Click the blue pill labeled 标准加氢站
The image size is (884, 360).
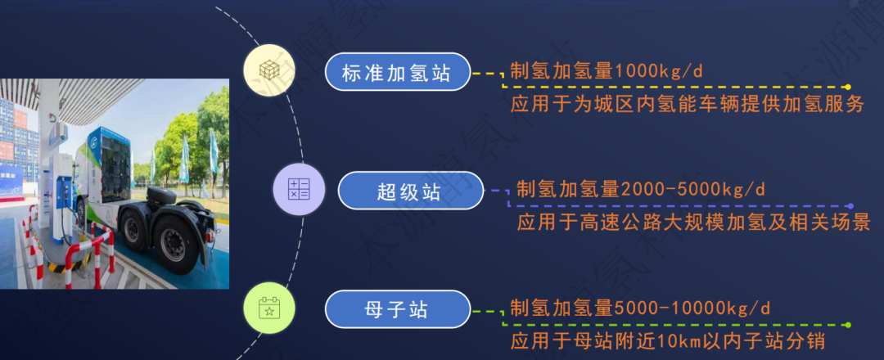[x=398, y=71]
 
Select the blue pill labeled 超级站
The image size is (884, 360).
[x=410, y=191]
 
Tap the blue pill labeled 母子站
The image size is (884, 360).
[x=398, y=309]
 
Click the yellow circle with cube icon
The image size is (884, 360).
[x=269, y=70]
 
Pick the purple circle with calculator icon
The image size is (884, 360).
[x=299, y=189]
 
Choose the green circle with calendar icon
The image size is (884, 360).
[x=269, y=308]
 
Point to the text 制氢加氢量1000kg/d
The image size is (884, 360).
[x=606, y=70]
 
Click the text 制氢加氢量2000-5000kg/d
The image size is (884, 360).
[x=641, y=189]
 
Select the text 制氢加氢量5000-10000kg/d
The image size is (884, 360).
[x=640, y=308]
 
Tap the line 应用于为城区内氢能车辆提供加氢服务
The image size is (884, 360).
[x=688, y=105]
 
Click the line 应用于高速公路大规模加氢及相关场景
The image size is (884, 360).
[x=694, y=223]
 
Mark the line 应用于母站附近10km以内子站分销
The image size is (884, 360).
[x=668, y=341]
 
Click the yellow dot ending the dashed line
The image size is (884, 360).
[x=847, y=87]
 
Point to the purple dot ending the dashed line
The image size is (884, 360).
[x=850, y=206]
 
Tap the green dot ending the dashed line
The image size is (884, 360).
[x=847, y=325]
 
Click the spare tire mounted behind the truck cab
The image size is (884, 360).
[x=162, y=196]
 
